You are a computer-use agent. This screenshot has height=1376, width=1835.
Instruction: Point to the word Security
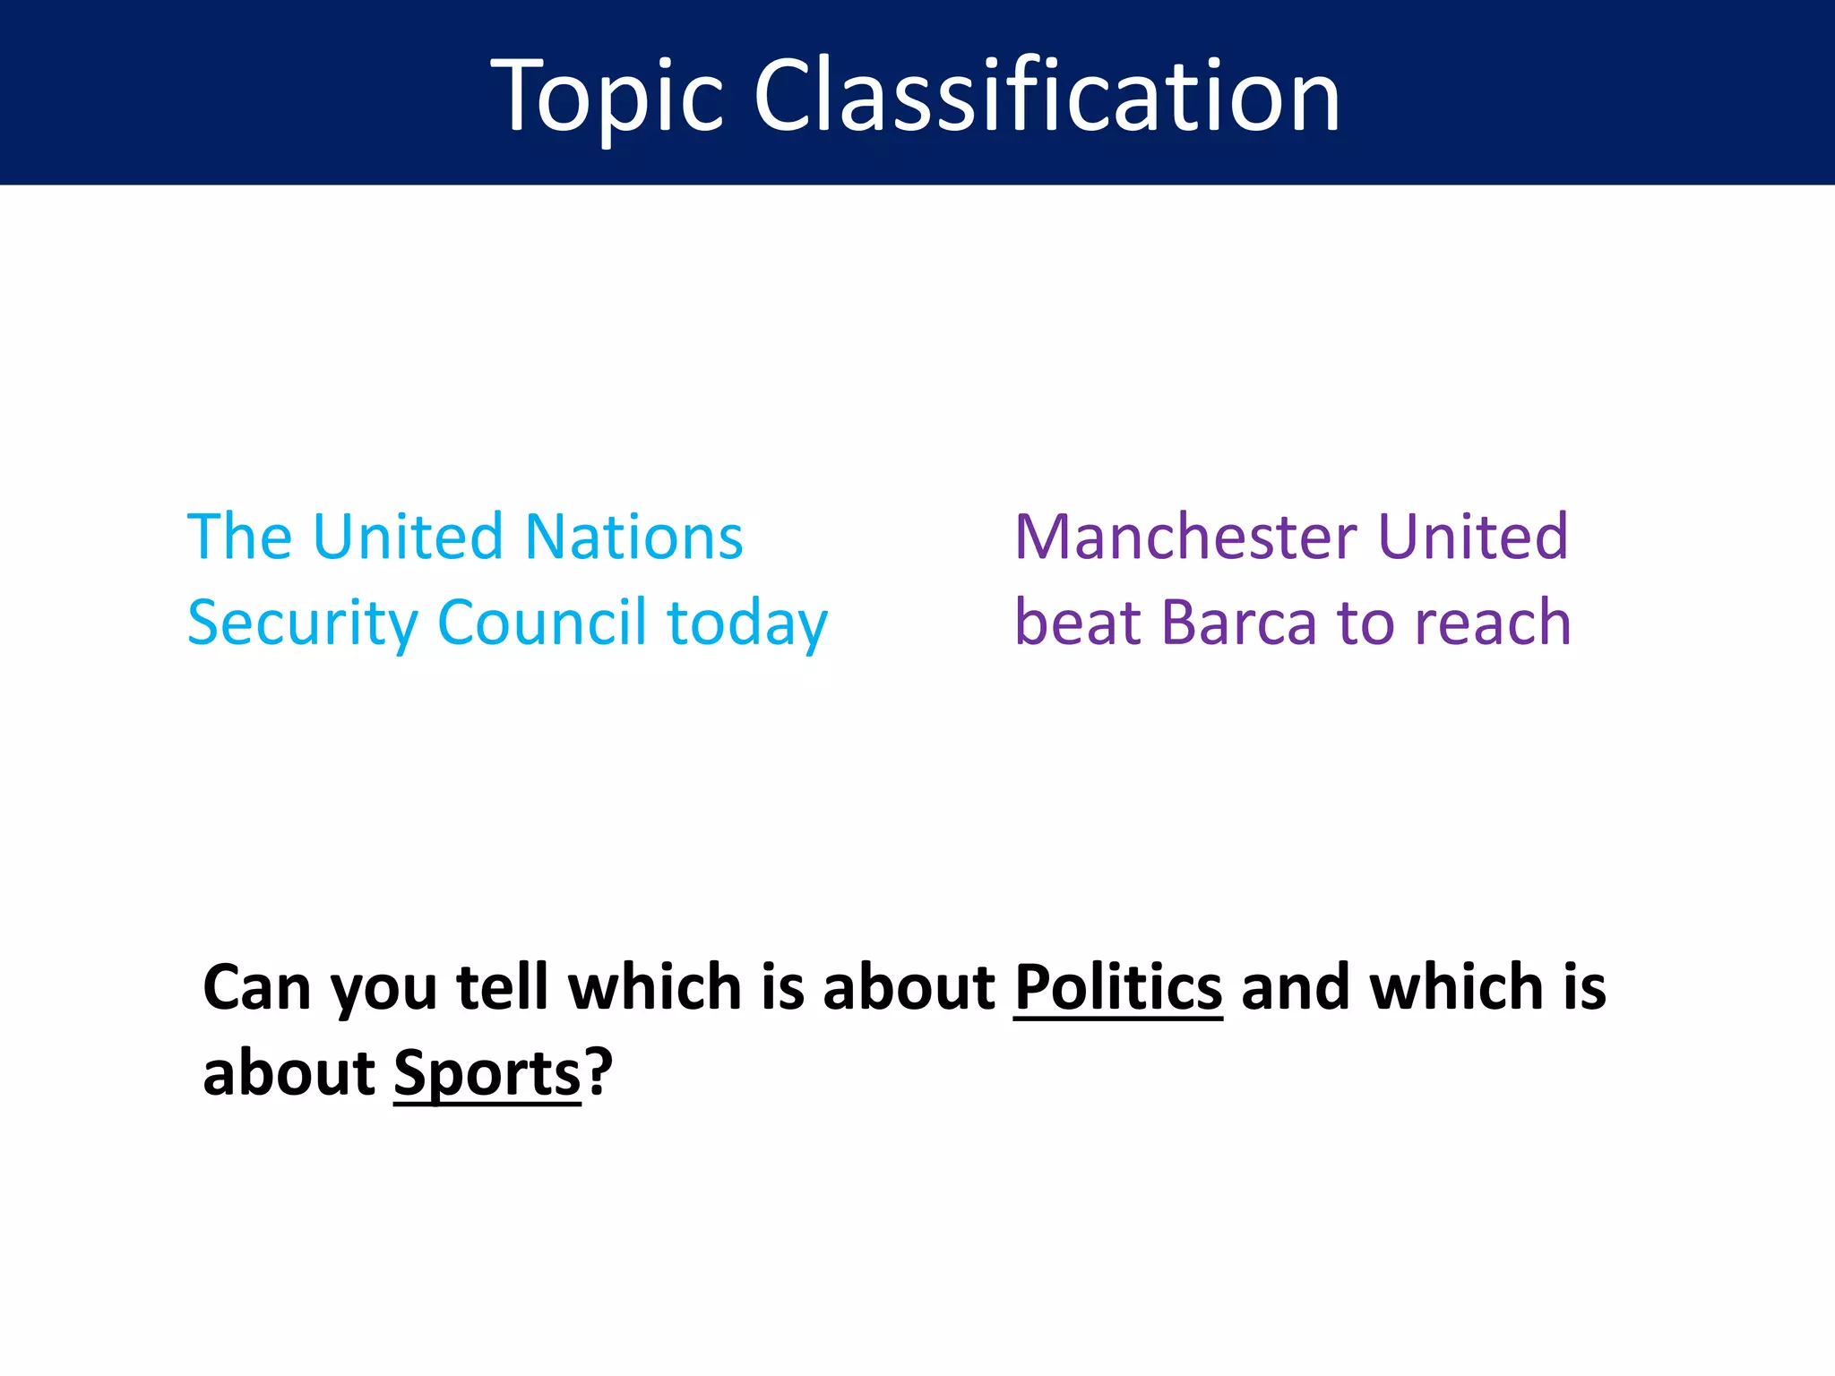coord(303,623)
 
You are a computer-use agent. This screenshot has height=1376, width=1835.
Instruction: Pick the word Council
coord(541,622)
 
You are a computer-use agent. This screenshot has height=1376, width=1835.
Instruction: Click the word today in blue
coord(747,623)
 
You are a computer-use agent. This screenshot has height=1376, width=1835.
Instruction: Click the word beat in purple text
coord(1079,622)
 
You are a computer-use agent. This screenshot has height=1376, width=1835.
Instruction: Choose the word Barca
coord(1240,622)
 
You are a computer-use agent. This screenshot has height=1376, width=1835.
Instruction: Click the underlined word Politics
coord(1118,987)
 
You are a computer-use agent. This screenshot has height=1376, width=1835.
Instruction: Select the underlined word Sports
coord(487,1073)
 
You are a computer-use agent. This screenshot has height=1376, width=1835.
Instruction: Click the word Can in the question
coord(256,987)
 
